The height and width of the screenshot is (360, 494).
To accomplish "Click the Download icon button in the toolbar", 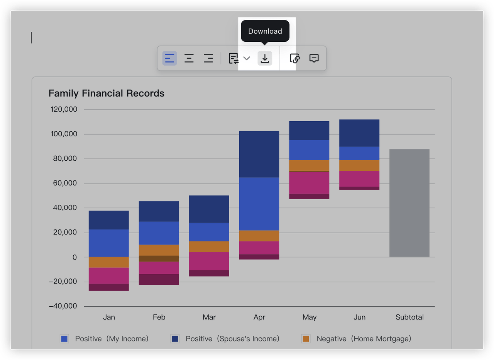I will click(x=265, y=58).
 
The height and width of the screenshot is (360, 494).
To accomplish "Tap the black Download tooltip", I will click(x=265, y=31).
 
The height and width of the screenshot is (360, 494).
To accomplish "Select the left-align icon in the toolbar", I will click(x=169, y=58).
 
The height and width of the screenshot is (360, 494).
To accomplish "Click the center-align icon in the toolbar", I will click(x=189, y=58).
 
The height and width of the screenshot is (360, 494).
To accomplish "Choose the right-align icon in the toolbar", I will click(x=208, y=58).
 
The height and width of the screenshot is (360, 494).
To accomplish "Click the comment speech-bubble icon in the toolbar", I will click(x=314, y=58).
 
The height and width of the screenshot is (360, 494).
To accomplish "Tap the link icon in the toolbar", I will click(x=294, y=58).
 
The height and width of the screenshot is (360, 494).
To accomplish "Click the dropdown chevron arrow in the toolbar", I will click(x=247, y=58).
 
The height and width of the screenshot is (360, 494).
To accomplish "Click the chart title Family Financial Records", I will click(x=107, y=93).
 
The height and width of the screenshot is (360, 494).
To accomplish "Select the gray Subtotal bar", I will click(x=409, y=203).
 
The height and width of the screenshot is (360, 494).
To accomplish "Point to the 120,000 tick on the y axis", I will click(x=64, y=109).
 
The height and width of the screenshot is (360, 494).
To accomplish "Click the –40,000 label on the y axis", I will click(x=63, y=306).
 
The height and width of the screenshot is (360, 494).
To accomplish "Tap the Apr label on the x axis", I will click(x=259, y=317).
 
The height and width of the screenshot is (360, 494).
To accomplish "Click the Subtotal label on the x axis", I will click(x=409, y=317).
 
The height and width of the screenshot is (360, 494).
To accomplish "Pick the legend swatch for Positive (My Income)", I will click(x=64, y=339).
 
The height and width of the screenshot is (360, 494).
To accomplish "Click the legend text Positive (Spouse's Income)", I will click(x=232, y=339).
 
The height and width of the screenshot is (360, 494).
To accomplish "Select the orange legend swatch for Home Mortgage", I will click(x=306, y=339).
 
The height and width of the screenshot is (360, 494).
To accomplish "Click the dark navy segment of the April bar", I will click(x=259, y=154).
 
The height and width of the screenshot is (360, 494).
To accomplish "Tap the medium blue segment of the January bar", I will click(x=109, y=243).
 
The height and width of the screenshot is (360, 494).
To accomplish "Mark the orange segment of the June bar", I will click(x=359, y=165).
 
